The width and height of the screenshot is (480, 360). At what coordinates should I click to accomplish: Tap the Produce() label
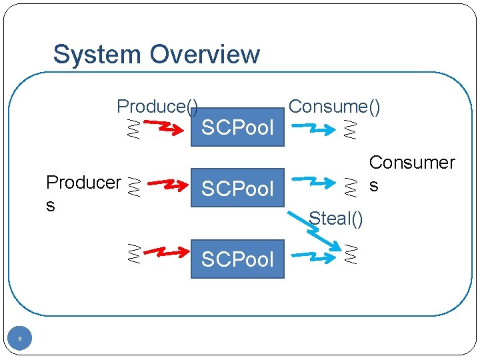click(157, 106)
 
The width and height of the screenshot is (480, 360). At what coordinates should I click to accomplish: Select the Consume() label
click(334, 106)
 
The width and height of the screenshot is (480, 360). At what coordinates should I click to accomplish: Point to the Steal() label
click(336, 219)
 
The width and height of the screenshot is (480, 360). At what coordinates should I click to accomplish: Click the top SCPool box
click(237, 127)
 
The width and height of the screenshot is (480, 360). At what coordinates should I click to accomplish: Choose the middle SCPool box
click(237, 189)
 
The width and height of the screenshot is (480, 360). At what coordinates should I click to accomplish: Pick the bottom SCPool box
click(237, 259)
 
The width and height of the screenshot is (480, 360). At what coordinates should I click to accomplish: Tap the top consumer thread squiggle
click(349, 128)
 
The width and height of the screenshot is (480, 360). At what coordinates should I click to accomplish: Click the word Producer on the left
click(83, 182)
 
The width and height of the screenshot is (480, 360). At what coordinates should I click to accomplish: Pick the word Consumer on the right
click(411, 162)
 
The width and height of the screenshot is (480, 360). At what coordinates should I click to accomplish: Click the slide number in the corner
click(20, 339)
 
